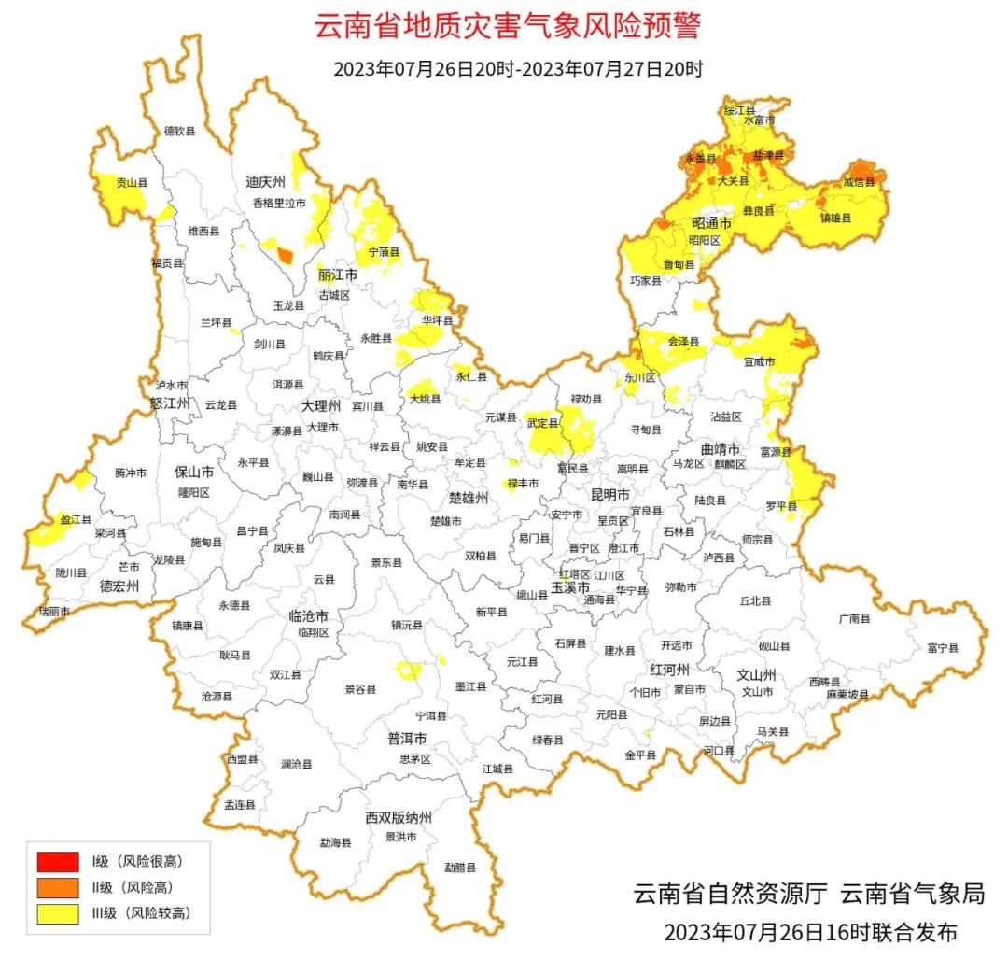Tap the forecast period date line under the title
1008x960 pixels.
(518, 69)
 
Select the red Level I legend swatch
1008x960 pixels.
(58, 860)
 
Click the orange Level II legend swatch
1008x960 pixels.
(58, 887)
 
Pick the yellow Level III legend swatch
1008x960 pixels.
(58, 913)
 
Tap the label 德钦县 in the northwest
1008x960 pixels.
(179, 132)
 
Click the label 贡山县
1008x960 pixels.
(132, 184)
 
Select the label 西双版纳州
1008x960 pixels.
(399, 818)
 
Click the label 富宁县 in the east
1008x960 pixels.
(943, 647)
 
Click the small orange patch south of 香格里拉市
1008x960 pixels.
(284, 254)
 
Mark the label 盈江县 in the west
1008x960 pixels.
(76, 519)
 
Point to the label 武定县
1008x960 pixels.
(543, 424)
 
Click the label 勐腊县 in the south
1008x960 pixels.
(460, 868)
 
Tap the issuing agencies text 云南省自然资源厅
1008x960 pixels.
(731, 893)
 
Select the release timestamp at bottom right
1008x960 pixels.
(810, 931)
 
